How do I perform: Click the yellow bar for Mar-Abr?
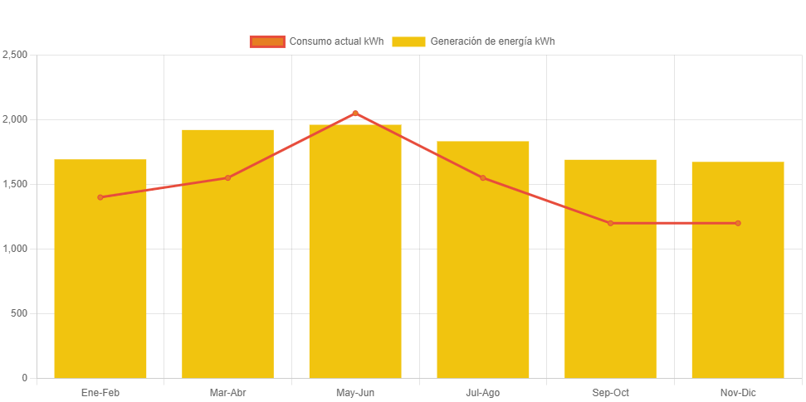[x=227, y=265]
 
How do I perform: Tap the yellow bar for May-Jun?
[x=355, y=257]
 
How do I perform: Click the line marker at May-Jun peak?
[x=355, y=113]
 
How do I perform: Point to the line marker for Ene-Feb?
[x=100, y=197]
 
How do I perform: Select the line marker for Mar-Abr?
[x=227, y=177]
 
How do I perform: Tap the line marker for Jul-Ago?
[x=483, y=177]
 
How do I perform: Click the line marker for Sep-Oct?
[x=610, y=223]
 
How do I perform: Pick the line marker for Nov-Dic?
[x=738, y=223]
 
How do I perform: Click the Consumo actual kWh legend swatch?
[x=267, y=41]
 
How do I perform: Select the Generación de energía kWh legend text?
[x=492, y=41]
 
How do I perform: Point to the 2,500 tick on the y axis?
[x=15, y=55]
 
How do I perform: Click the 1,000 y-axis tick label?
[x=15, y=249]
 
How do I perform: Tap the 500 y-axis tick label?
[x=19, y=313]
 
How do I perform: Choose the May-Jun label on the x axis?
[x=355, y=393]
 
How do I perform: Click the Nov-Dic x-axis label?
[x=738, y=393]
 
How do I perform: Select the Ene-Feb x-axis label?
[x=100, y=393]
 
